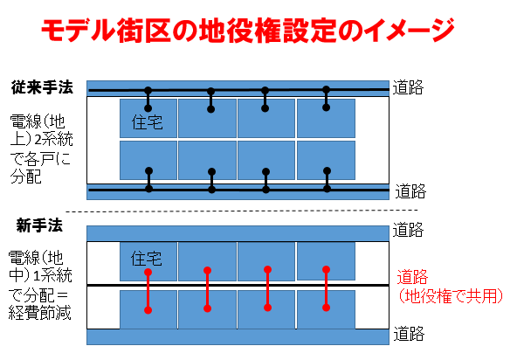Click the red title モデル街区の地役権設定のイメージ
tap(248, 31)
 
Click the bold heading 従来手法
tap(42, 87)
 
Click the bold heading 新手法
tap(39, 226)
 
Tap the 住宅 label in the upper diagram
tap(147, 122)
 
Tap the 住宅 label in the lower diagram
tap(147, 259)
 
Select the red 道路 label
tap(412, 276)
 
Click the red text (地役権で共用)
tap(451, 295)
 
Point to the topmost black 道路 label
tap(408, 87)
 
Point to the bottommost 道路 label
tap(410, 334)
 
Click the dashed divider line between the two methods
tap(242, 211)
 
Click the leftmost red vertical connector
tap(148, 291)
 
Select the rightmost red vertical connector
tap(326, 288)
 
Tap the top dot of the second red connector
tap(207, 271)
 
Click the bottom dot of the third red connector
tap(268, 308)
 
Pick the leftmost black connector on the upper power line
tap(148, 99)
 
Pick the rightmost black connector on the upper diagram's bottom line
tap(327, 180)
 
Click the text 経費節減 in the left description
tap(39, 313)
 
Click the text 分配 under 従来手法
tap(25, 177)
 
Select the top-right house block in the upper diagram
tap(326, 118)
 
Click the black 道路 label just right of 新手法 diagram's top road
tap(408, 230)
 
